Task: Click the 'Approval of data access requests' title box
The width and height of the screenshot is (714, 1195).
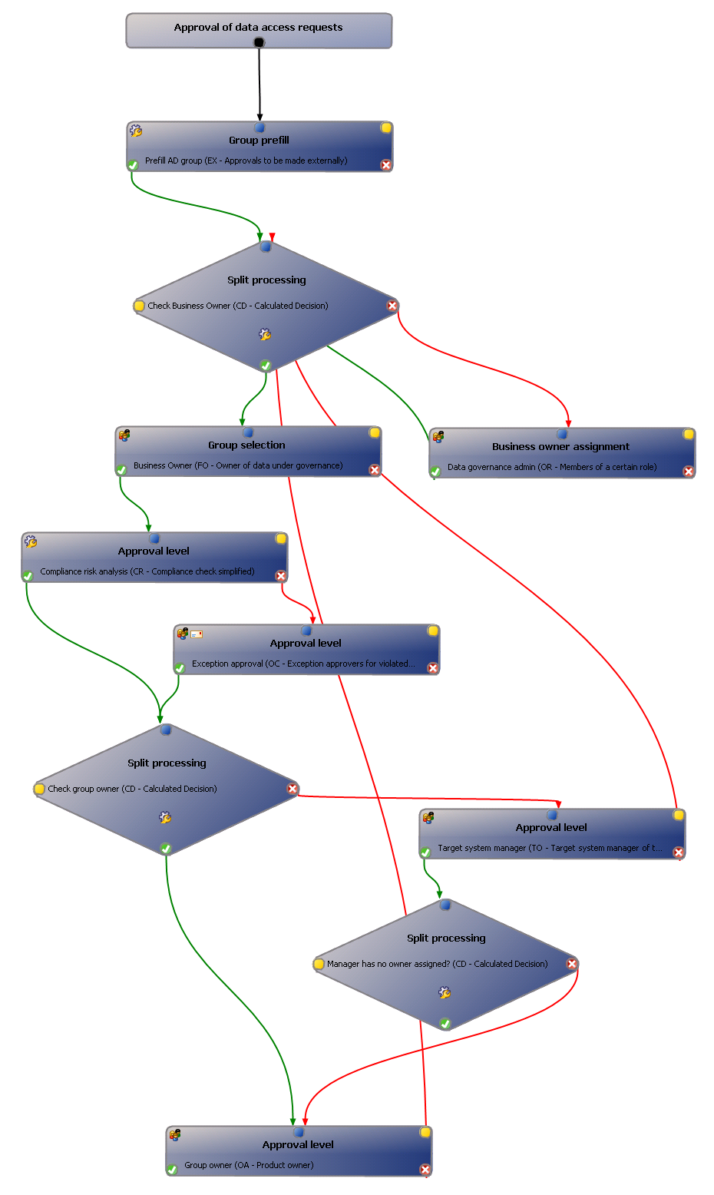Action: pyautogui.click(x=258, y=28)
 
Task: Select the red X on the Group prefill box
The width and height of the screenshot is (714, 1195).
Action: pyautogui.click(x=386, y=165)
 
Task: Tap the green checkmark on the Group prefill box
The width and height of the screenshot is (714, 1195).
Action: pyautogui.click(x=133, y=165)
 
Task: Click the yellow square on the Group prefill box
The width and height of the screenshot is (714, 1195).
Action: pyautogui.click(x=386, y=128)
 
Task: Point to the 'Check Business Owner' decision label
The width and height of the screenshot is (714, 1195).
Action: pyautogui.click(x=237, y=306)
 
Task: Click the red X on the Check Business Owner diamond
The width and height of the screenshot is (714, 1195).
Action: pyautogui.click(x=392, y=306)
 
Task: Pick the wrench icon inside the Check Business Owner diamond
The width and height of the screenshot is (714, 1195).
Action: pyautogui.click(x=265, y=335)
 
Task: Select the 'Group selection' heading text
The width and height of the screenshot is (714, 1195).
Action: pyautogui.click(x=246, y=445)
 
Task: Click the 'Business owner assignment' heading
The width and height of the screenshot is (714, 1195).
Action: pyautogui.click(x=560, y=447)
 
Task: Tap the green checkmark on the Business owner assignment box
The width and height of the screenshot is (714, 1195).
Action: pyautogui.click(x=435, y=472)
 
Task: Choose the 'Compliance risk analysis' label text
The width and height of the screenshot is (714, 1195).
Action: pyautogui.click(x=147, y=571)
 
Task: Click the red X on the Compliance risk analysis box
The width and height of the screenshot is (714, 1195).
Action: pyautogui.click(x=281, y=576)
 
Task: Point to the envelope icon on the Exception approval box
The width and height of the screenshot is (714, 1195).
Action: pyautogui.click(x=197, y=634)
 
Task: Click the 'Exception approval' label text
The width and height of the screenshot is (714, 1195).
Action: pyautogui.click(x=303, y=664)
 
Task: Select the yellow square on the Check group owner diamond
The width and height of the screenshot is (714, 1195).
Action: pyautogui.click(x=40, y=789)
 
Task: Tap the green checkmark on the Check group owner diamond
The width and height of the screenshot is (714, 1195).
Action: pyautogui.click(x=166, y=849)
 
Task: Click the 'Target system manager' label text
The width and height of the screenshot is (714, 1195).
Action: pyautogui.click(x=550, y=849)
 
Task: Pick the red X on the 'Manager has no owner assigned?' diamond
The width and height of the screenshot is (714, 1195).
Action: pyautogui.click(x=572, y=964)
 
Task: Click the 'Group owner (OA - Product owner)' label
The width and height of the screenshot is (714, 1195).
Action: pyautogui.click(x=249, y=1165)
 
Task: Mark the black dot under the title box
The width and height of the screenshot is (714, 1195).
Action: pyautogui.click(x=259, y=43)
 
